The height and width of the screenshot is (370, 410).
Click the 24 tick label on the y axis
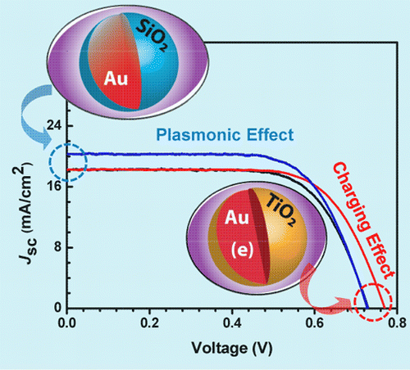tap(54, 126)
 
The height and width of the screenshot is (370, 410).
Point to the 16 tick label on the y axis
tap(54, 187)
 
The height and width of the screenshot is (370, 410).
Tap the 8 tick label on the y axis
tap(57, 247)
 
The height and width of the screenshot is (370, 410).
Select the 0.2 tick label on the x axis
tap(150, 323)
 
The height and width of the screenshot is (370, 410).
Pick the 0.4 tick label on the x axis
tap(232, 323)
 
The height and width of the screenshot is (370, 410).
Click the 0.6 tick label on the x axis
tap(315, 323)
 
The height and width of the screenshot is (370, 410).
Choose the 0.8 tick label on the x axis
tap(397, 323)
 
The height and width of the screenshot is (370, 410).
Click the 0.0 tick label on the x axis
tap(67, 323)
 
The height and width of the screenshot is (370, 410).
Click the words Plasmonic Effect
tap(225, 135)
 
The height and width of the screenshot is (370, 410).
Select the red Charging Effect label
tap(363, 220)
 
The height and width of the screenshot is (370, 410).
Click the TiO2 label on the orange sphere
tap(280, 210)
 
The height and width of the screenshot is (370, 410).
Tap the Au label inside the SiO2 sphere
tap(116, 79)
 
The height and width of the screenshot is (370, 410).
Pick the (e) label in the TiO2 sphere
tap(242, 250)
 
